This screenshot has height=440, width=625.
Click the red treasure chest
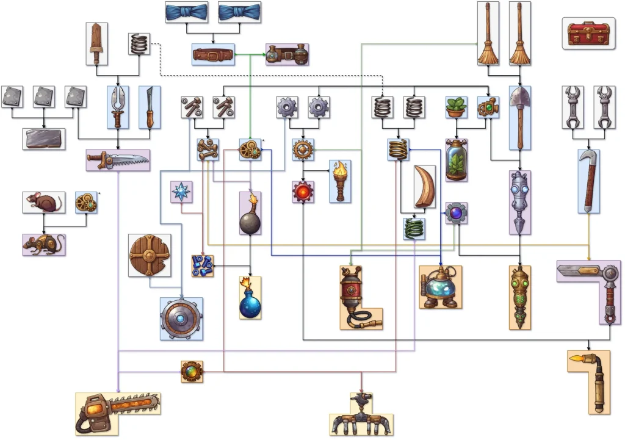pos(587,34)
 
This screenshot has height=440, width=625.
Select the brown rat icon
pos(43,202)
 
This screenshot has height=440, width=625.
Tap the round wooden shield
pos(149,255)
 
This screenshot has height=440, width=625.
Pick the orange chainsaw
pos(118,412)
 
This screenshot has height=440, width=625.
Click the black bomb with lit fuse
pos(250,214)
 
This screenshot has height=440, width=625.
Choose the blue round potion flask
pos(250,299)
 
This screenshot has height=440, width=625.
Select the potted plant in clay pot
pos(456,107)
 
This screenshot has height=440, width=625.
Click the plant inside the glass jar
pos(456,160)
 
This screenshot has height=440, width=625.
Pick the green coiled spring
pos(414,229)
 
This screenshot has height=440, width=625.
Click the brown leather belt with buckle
pos(213,54)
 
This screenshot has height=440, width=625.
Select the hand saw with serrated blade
pos(118,160)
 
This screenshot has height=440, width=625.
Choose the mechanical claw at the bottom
pos(361,416)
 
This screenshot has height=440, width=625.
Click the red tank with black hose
pos(357,297)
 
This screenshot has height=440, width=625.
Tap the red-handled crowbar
pos(589,181)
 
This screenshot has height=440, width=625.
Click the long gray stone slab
pos(44,139)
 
